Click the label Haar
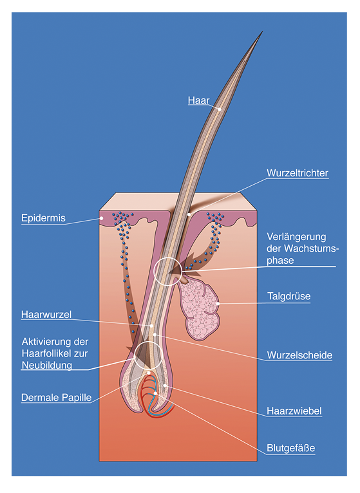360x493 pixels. coord(198,100)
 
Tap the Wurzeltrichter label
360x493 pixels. coord(298,173)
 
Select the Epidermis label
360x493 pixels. coord(43,218)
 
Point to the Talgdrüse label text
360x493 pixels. coord(289,296)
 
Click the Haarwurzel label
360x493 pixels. coord(46,315)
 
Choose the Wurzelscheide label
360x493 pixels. coord(299,355)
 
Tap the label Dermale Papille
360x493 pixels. coord(56,398)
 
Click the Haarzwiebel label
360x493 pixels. coord(294,411)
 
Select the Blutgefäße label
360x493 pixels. coord(291,448)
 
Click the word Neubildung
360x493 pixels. coord(47,366)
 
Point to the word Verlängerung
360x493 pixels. coord(296,237)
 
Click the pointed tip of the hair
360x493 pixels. coord(262,32)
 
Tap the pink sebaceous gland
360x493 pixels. coord(199,310)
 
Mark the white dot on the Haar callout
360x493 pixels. coord(220,109)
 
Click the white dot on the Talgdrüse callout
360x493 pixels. coord(218,304)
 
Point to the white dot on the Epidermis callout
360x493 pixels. coord(102,218)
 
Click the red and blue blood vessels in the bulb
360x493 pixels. coord(156,396)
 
